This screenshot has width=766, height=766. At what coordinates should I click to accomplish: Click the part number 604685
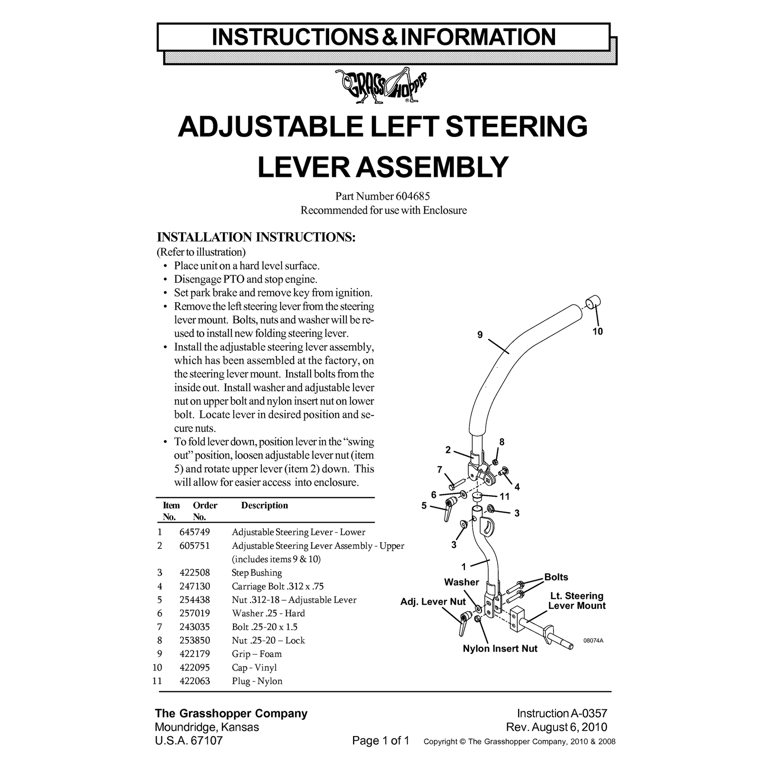[413, 196]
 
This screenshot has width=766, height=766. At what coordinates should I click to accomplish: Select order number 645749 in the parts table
[195, 532]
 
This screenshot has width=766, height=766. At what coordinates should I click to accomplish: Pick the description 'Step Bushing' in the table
[257, 572]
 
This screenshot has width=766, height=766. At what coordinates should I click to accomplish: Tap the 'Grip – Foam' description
[257, 654]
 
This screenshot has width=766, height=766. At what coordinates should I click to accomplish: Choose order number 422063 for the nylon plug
[195, 681]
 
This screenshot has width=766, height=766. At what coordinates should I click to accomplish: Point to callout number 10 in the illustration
[598, 331]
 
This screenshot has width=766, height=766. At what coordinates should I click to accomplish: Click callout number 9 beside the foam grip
[480, 335]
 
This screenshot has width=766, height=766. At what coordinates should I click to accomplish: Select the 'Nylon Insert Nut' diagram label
[500, 649]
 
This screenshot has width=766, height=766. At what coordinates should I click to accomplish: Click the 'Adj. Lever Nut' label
[433, 601]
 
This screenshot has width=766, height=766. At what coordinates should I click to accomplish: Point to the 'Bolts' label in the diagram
[556, 577]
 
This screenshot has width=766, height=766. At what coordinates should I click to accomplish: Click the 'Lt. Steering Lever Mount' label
[577, 601]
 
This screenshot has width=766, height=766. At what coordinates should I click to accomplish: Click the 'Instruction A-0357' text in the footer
[562, 713]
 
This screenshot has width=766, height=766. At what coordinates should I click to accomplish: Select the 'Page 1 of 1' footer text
[381, 740]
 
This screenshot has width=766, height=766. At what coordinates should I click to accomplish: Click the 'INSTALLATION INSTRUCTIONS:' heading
[256, 237]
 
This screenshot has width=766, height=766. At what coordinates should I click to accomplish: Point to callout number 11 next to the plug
[504, 496]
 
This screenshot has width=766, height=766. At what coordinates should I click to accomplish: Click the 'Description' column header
[265, 505]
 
